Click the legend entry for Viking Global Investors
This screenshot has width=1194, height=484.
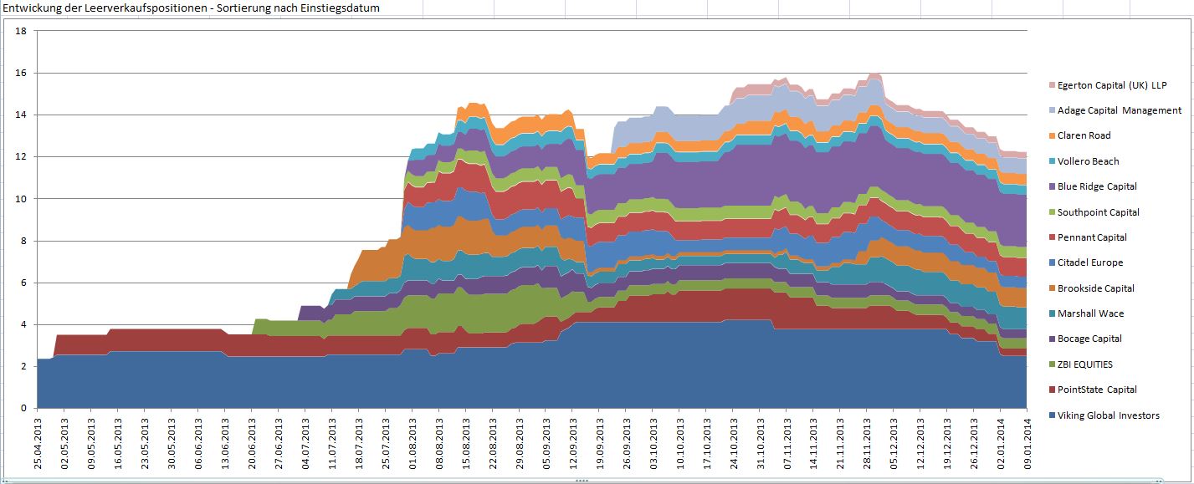[1108, 415]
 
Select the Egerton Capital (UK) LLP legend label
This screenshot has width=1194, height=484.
[1111, 85]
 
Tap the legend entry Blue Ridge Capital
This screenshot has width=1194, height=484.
[1097, 186]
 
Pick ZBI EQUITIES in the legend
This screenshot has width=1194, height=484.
[1085, 364]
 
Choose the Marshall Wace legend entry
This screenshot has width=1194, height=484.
[1090, 313]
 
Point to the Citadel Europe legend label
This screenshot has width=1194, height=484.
[1090, 262]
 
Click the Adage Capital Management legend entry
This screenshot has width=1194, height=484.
[1120, 110]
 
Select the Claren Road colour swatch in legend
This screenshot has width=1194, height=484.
[1052, 136]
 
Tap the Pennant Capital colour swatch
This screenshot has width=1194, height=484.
[1052, 237]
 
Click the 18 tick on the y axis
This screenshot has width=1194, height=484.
[22, 31]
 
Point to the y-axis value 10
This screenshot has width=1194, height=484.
[22, 199]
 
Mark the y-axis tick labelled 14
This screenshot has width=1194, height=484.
[22, 115]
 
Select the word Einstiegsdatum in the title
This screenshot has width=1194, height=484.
[344, 8]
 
